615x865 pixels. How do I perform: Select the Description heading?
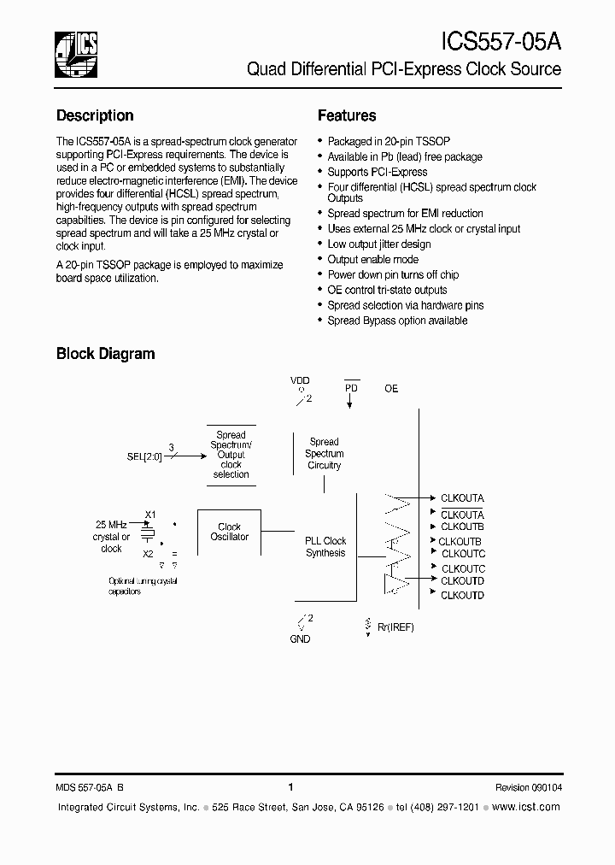click(95, 115)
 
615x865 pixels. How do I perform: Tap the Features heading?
click(347, 115)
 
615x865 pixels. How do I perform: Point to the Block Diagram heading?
click(105, 353)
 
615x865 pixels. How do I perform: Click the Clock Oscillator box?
click(229, 532)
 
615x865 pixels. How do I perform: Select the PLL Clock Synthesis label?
click(325, 547)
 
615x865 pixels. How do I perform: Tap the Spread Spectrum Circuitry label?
click(324, 454)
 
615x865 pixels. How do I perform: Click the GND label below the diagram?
click(300, 638)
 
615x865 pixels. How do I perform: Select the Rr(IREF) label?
click(395, 627)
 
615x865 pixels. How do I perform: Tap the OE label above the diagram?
click(391, 389)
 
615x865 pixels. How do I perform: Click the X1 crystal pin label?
click(149, 514)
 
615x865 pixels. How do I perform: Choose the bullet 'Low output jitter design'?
click(379, 244)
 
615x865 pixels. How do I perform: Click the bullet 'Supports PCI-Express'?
click(378, 173)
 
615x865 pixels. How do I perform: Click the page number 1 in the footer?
click(291, 787)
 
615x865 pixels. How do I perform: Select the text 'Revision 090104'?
click(528, 787)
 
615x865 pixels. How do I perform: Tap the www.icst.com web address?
click(527, 807)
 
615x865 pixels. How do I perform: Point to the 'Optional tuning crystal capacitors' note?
click(142, 586)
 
